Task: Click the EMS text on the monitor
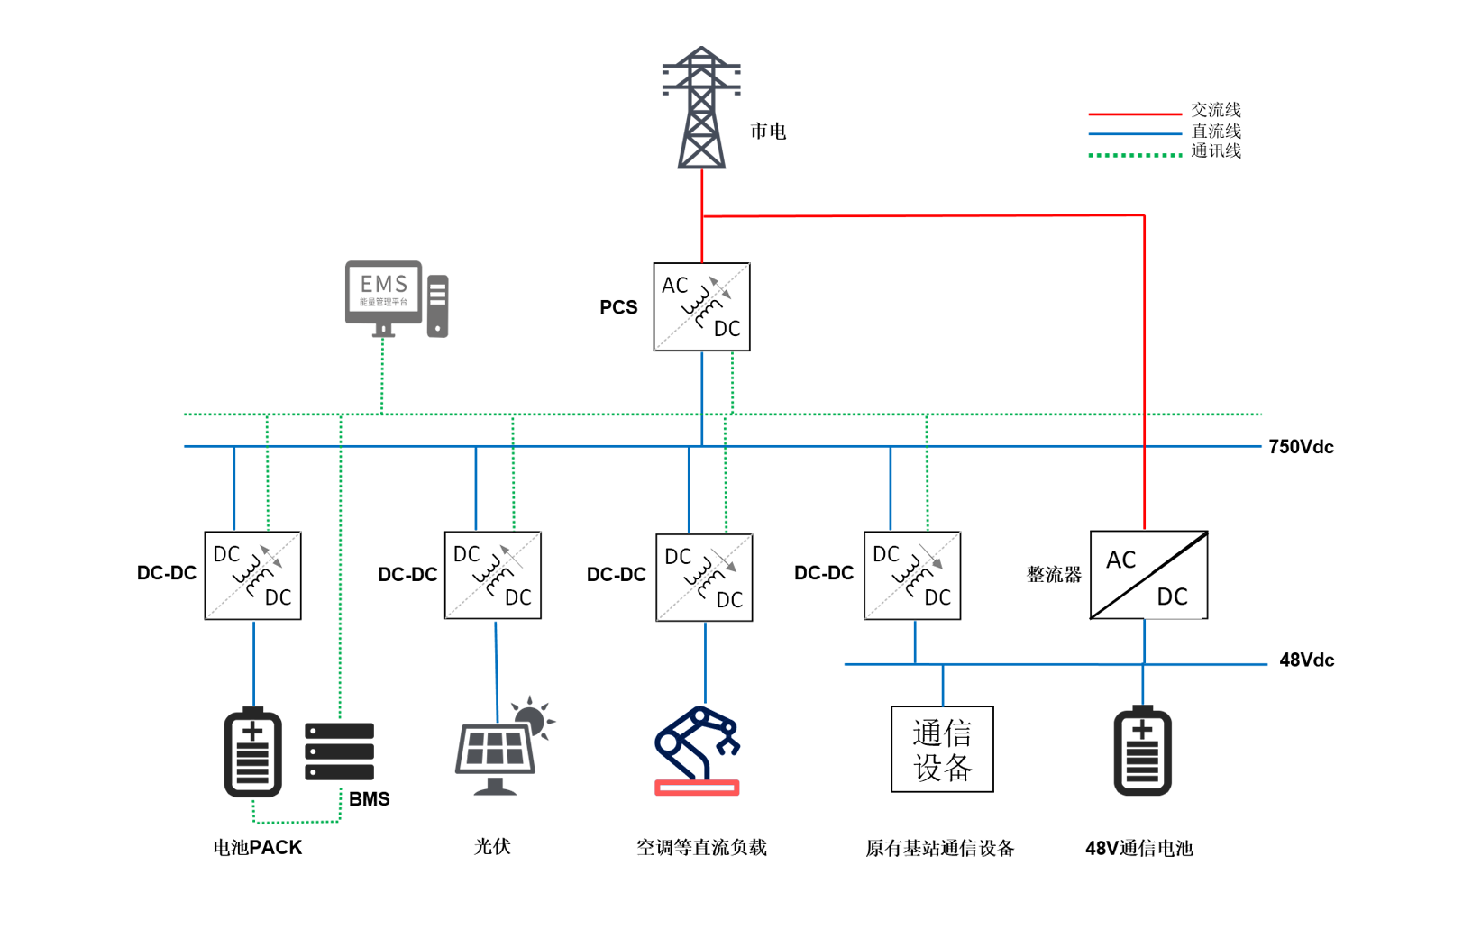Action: [383, 285]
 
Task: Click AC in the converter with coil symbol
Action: [674, 286]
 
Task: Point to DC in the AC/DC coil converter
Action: [727, 329]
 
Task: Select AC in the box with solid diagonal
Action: [1120, 560]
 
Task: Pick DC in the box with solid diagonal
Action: [1172, 596]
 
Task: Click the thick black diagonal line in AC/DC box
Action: [1148, 575]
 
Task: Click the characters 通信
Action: [942, 733]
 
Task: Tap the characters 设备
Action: [942, 768]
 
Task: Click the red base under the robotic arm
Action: [699, 798]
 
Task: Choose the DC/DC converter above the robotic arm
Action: [704, 578]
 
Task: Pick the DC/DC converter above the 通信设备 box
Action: [912, 576]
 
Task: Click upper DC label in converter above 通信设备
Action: [886, 554]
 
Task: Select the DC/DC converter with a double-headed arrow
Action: [253, 576]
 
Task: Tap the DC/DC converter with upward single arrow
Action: [493, 576]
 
